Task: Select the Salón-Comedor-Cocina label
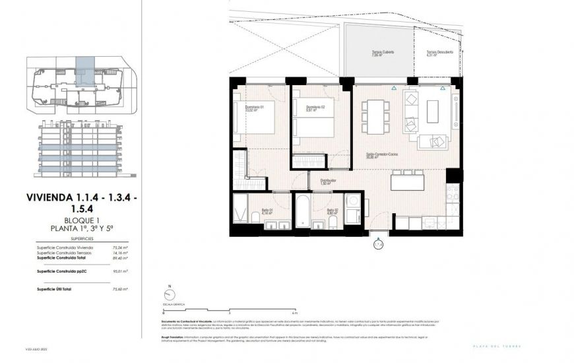coord(381,154)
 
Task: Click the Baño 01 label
coord(267,211)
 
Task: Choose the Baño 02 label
coord(331,211)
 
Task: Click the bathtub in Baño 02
coord(302,213)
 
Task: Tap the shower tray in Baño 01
coord(241,210)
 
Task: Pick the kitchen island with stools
coord(407,180)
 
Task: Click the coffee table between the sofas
coord(433,111)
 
